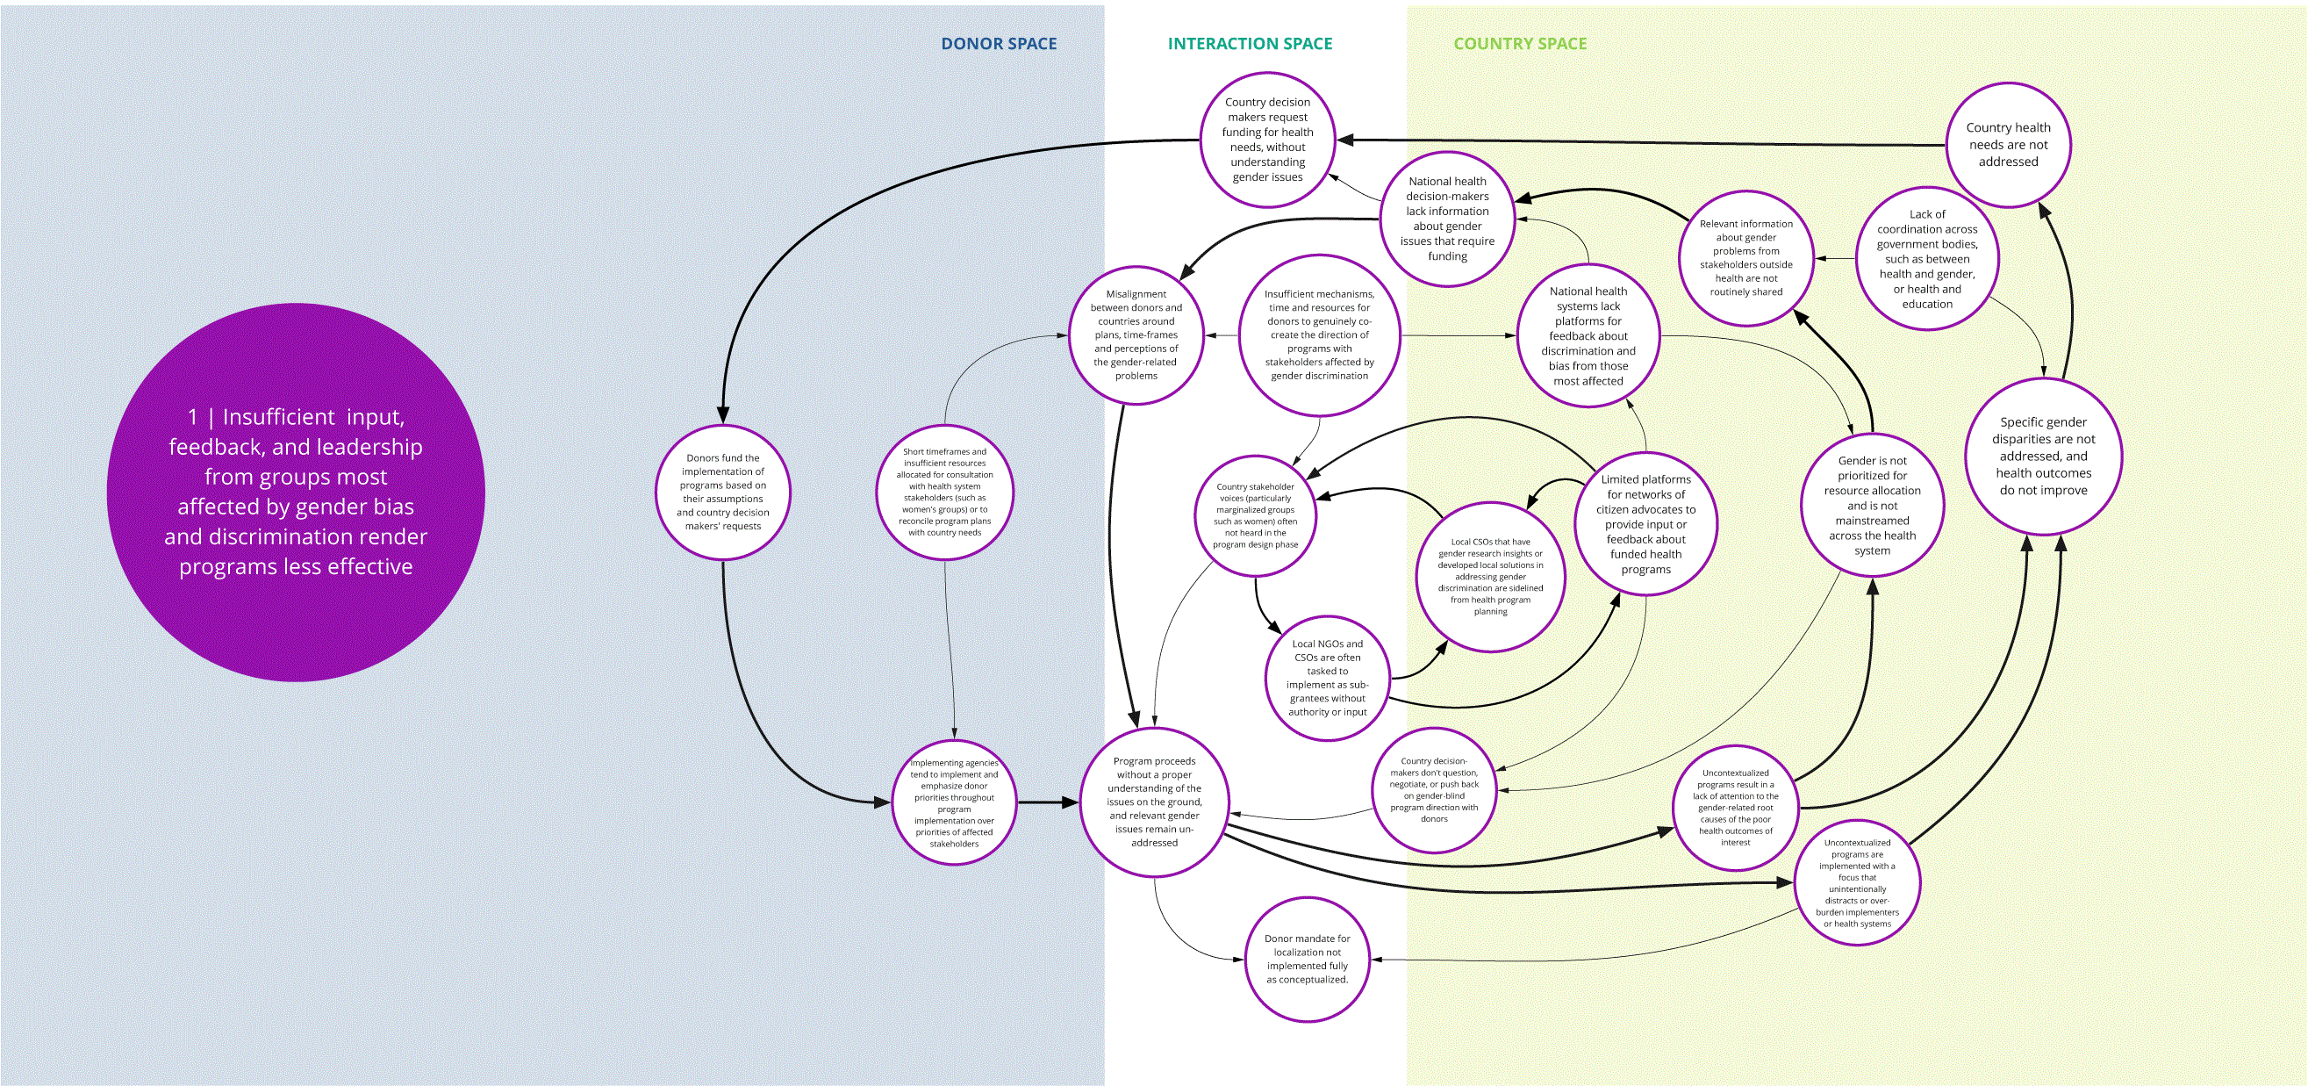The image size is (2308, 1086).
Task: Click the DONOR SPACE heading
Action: (998, 44)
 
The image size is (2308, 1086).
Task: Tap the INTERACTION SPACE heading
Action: (1250, 44)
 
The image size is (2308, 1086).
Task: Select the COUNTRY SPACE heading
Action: (1520, 44)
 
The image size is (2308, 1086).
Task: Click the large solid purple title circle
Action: (296, 492)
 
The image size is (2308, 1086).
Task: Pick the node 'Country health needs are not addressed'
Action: (2008, 145)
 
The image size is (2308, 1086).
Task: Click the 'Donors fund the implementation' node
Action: (723, 492)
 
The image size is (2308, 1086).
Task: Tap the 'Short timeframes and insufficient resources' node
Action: (945, 492)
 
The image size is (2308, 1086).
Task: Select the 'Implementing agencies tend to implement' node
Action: (954, 802)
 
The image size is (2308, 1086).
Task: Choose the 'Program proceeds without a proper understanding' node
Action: (1154, 802)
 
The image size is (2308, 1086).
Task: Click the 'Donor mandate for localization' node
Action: (1308, 959)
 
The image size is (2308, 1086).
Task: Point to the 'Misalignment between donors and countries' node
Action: (1136, 335)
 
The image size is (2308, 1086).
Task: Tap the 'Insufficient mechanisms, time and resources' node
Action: (1319, 335)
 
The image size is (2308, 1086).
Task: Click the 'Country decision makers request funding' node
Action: (1268, 140)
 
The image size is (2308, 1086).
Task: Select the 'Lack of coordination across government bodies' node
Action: (1927, 259)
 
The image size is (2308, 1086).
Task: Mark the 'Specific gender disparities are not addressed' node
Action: (2044, 456)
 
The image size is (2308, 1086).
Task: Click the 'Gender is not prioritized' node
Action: (1873, 506)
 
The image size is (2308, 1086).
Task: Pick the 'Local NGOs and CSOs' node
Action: (1328, 678)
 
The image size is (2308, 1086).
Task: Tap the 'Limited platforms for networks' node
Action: (1646, 523)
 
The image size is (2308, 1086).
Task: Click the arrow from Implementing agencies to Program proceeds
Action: (1049, 802)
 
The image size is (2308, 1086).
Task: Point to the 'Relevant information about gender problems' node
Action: (1746, 258)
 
